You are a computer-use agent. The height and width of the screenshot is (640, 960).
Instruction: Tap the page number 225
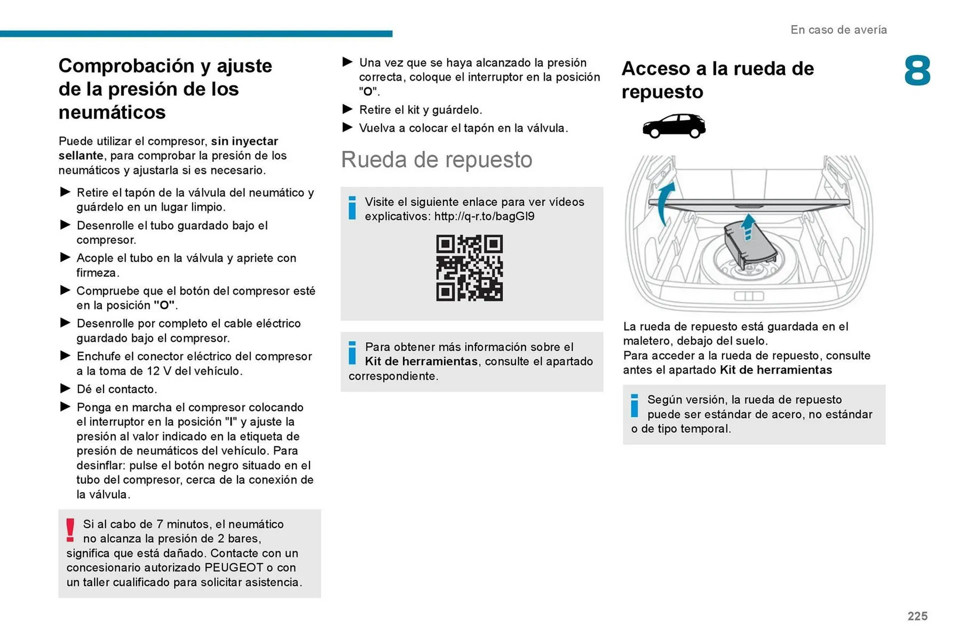[x=917, y=616]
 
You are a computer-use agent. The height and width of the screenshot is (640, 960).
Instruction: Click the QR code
[x=469, y=268]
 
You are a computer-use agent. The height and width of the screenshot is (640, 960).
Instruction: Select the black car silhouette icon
[x=673, y=126]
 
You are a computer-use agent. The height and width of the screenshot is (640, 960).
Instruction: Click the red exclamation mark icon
[x=70, y=530]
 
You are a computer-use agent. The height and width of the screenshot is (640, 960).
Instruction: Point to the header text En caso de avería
[x=838, y=30]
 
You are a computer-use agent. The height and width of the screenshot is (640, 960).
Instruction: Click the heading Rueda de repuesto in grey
[x=436, y=160]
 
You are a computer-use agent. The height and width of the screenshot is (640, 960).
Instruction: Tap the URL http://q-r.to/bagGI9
[x=484, y=216]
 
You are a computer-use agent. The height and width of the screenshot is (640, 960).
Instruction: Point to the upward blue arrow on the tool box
[x=747, y=227]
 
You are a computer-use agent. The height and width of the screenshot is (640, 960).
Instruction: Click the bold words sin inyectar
[x=244, y=141]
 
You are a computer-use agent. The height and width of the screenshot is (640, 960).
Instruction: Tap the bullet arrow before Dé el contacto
[x=65, y=388]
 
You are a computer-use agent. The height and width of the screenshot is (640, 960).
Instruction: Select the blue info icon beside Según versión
[x=634, y=406]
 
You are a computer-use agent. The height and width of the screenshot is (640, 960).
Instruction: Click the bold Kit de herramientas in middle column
[x=421, y=361]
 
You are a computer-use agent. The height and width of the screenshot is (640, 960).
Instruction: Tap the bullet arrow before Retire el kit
[x=347, y=109]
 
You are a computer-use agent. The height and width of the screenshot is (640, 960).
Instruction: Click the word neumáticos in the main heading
[x=112, y=112]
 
